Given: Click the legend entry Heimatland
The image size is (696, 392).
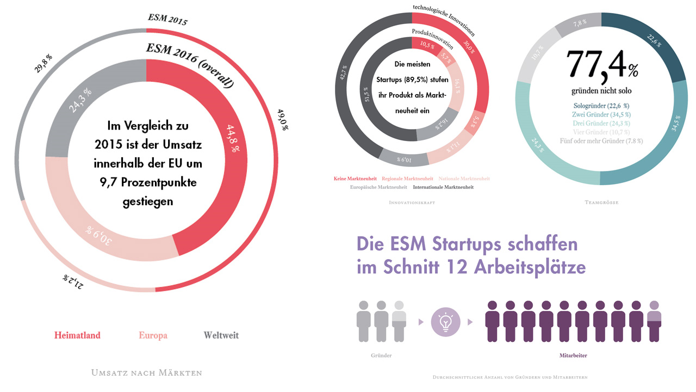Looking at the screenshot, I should pos(77,335).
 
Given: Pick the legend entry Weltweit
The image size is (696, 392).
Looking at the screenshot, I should pos(221,335).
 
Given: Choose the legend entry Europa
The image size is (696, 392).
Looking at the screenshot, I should pos(153,335).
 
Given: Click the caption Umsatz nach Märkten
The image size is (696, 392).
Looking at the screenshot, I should pos(147,373).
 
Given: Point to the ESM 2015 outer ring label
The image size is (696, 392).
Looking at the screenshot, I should pos(168,20).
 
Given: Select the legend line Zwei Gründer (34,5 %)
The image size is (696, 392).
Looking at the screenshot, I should pos(601,115).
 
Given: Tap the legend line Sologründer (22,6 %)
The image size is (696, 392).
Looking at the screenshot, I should pos(601,106).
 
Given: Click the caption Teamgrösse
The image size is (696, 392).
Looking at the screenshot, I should pos(601,203).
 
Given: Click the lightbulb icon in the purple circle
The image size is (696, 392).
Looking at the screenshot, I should pos(445,321).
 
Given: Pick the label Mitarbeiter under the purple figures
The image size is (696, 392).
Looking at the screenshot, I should pos(573,356).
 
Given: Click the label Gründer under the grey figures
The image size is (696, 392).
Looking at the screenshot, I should pos(381,356).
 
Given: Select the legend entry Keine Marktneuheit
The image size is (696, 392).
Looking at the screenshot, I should pos(356,179).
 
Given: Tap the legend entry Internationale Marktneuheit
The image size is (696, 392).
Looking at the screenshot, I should pos(443,187).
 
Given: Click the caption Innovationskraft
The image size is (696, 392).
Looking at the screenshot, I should pos(412,203).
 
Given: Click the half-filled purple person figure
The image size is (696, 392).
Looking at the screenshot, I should pos(654,321).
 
